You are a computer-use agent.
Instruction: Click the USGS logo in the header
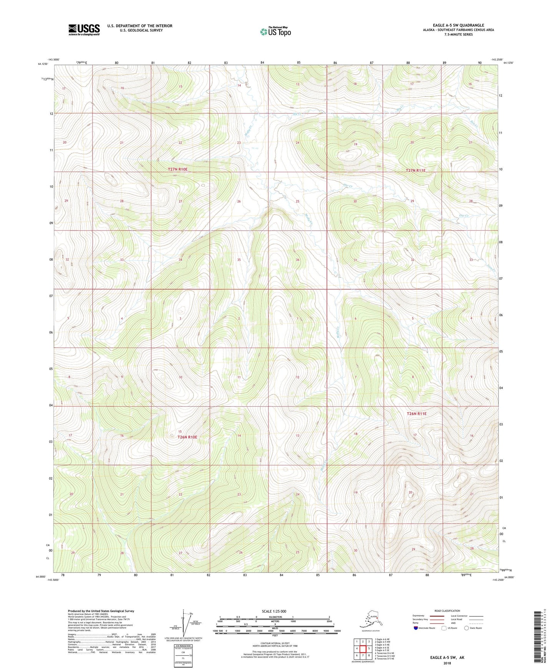click(x=84, y=30)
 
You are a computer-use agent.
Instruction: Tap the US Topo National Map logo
click(x=275, y=31)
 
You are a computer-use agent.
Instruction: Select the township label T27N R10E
click(x=177, y=169)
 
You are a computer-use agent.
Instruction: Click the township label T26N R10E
click(x=187, y=437)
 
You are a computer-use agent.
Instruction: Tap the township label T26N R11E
click(x=416, y=414)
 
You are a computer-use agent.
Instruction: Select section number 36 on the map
click(x=297, y=260)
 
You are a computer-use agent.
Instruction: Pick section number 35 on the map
click(x=239, y=260)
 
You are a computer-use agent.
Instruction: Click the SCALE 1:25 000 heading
click(x=274, y=611)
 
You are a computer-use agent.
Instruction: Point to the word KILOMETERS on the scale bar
click(x=274, y=617)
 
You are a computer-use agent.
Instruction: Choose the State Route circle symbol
click(x=466, y=628)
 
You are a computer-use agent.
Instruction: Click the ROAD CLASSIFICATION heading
click(x=447, y=611)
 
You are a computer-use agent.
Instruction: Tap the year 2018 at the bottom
click(x=447, y=663)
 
